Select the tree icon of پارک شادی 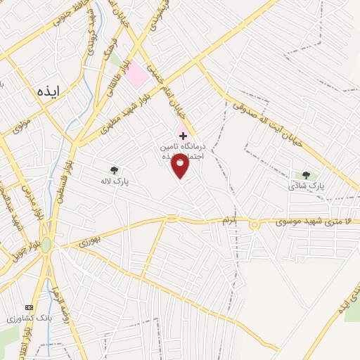coord(306,175)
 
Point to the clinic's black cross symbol coord(183,135)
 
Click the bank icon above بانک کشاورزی coord(29,308)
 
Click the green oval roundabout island coord(46,245)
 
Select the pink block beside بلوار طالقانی coord(136,75)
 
